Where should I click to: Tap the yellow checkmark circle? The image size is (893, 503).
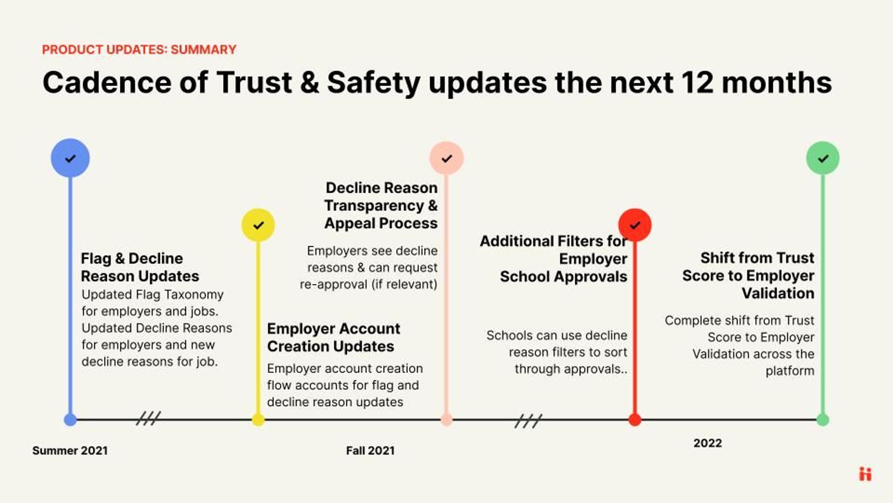pos(258,225)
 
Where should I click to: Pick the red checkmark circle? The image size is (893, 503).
pos(635,225)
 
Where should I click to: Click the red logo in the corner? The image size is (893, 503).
pos(865,474)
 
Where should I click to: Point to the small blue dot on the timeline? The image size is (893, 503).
pos(70,420)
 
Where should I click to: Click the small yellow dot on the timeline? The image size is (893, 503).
pos(258,420)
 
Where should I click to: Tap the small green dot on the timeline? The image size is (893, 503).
pos(823,420)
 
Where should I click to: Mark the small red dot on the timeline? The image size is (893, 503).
pos(635,420)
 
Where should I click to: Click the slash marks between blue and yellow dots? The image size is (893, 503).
pos(148,418)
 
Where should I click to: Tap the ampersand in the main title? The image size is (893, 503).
pos(310,83)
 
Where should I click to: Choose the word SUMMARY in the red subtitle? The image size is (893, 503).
pos(203,50)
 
